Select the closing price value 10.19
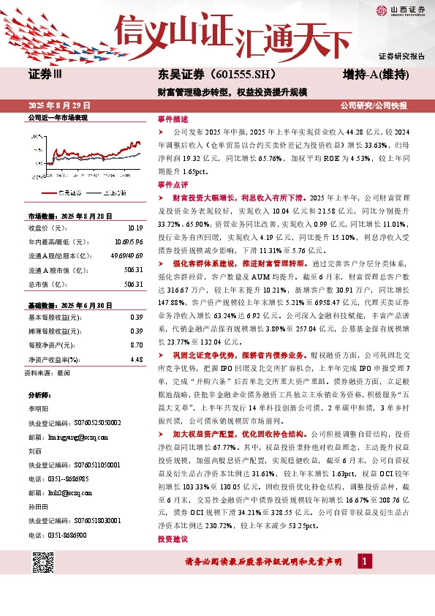(135, 228)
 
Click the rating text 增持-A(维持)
(375, 75)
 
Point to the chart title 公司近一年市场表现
(57, 117)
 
